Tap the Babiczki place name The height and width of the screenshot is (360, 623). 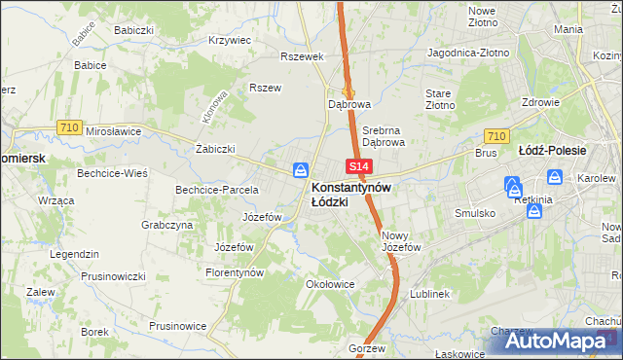coord(133,30)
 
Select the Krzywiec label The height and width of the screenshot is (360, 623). coord(231,41)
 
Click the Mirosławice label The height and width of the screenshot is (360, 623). coord(114,130)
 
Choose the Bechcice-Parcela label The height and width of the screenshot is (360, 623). coord(216,190)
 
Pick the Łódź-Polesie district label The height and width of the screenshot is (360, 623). coord(552,151)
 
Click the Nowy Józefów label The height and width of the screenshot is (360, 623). coord(400,241)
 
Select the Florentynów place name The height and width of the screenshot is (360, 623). coord(235,273)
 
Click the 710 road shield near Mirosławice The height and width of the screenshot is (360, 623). coord(68,127)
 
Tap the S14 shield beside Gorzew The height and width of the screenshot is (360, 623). coord(357,333)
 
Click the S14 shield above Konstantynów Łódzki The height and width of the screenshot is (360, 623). coord(355,168)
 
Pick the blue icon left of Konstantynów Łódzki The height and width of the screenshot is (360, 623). coord(302,169)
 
